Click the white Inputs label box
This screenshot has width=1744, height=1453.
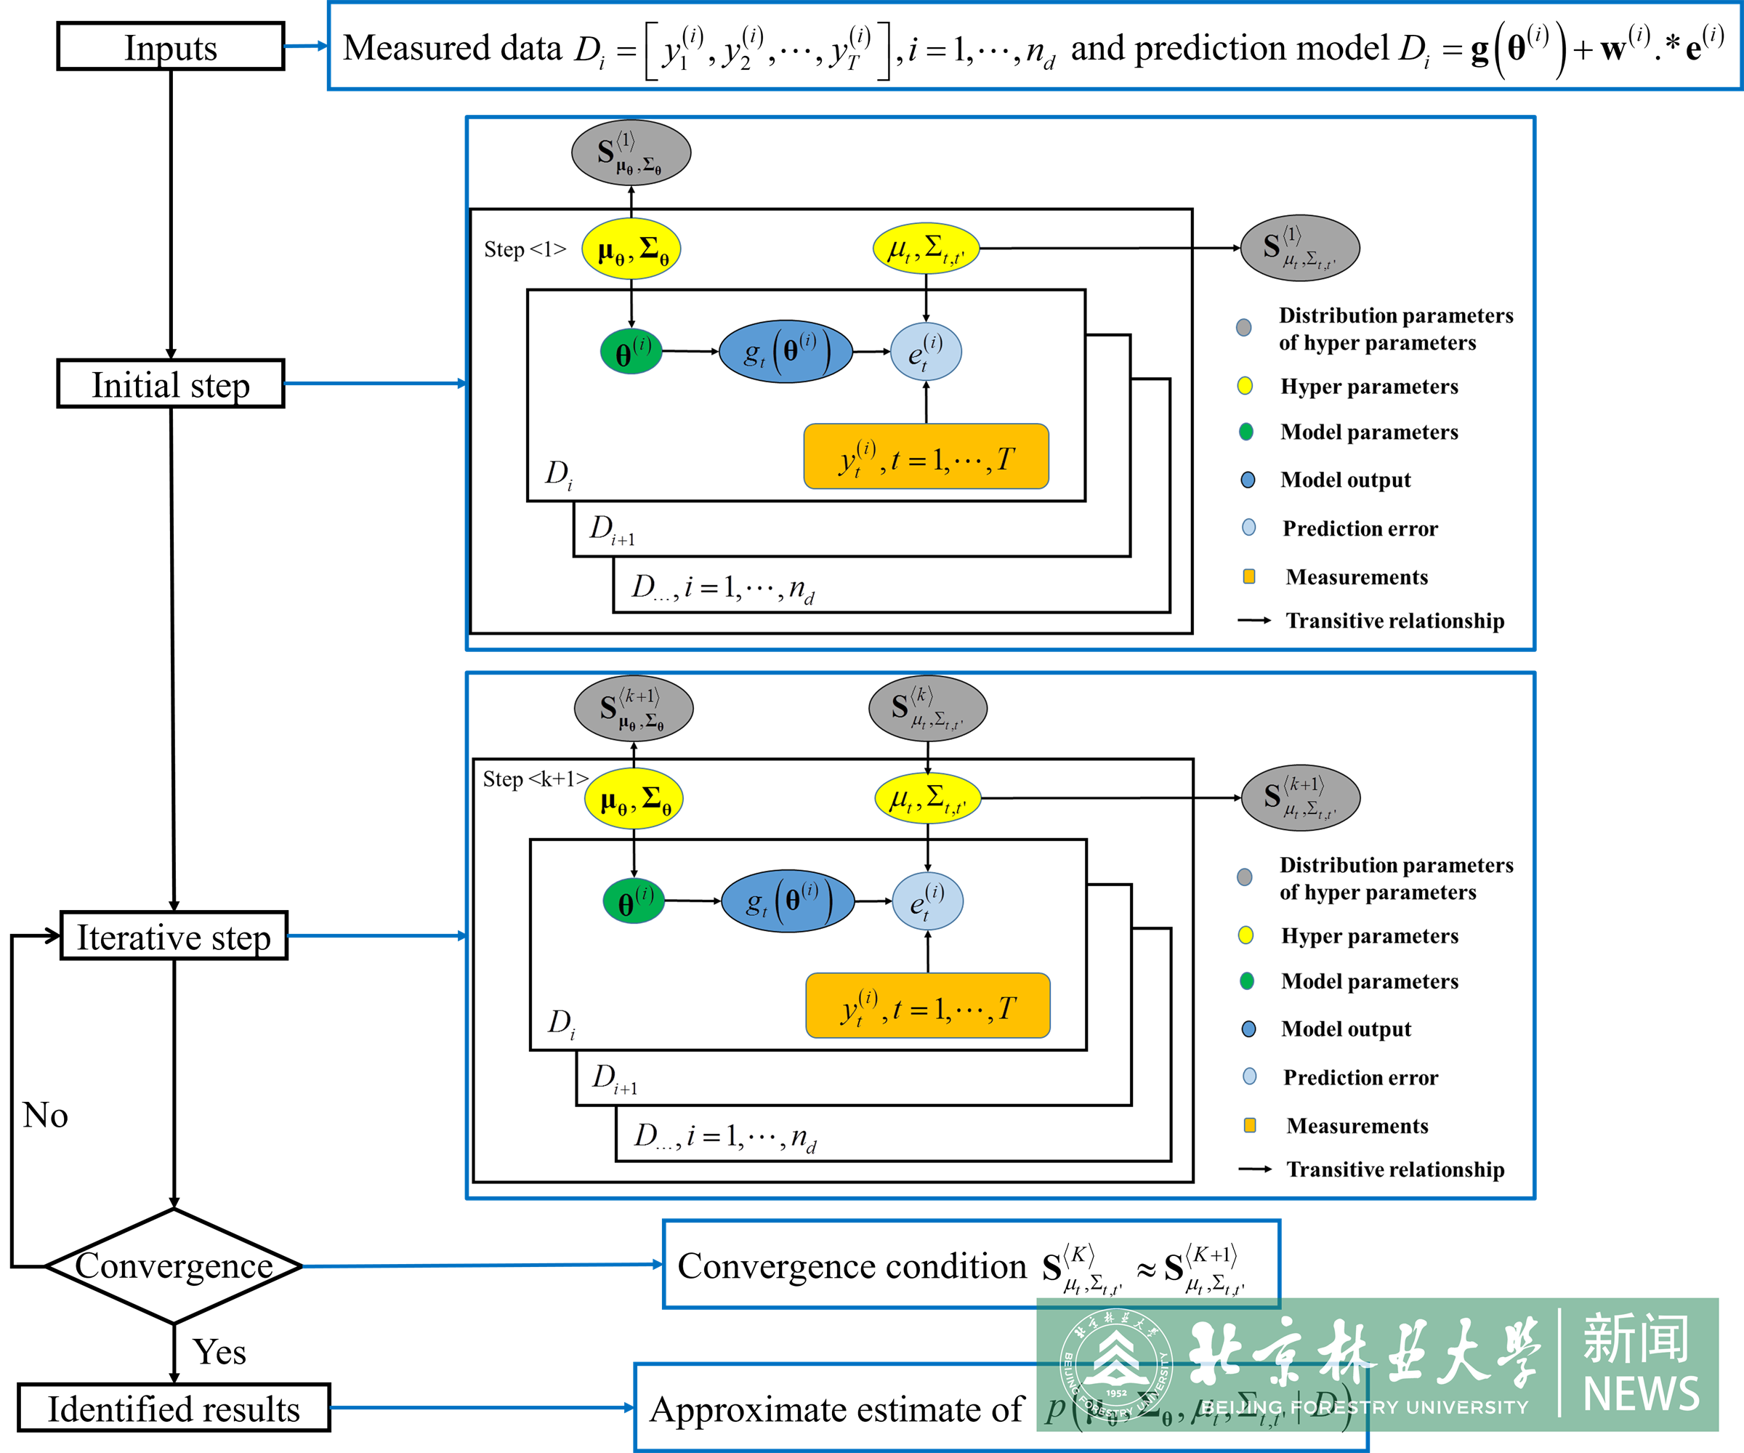coord(170,47)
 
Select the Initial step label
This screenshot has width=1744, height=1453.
coord(170,384)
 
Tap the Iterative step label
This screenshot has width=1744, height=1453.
coord(174,936)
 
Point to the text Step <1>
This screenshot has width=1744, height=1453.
coord(525,249)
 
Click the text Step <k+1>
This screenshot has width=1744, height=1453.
coord(536,778)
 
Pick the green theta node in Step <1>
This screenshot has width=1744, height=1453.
coord(631,351)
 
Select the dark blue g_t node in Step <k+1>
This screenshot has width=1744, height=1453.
coord(787,901)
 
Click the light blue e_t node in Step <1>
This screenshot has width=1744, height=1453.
coord(926,351)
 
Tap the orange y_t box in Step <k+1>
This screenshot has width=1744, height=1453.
coord(928,1006)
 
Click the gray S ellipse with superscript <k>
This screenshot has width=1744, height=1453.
coord(928,708)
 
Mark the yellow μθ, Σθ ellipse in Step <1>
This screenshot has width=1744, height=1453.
coord(631,249)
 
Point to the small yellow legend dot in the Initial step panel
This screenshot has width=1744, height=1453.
coord(1245,385)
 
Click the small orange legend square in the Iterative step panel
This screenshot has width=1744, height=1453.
coord(1249,1125)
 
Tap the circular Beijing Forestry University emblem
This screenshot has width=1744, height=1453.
coord(1116,1365)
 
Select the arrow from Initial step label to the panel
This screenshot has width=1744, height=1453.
coord(374,384)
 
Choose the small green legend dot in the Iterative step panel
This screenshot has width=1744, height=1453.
coord(1246,981)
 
